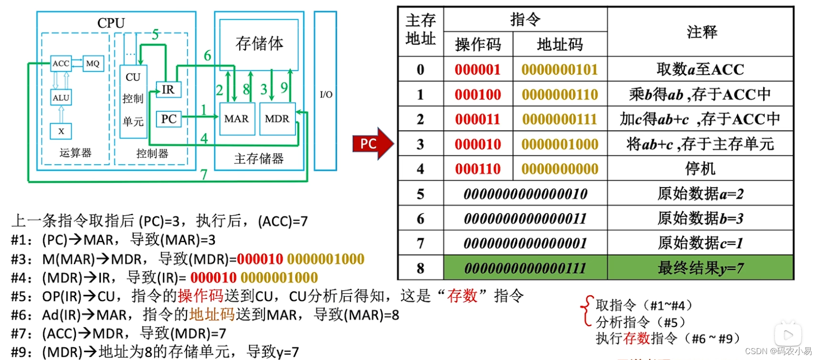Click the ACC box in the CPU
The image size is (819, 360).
61,63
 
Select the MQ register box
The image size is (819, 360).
93,63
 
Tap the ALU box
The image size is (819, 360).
61,97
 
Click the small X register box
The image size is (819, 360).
61,131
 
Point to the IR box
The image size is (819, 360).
168,89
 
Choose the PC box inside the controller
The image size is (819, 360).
168,119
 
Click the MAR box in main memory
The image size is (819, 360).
236,119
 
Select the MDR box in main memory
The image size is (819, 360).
277,119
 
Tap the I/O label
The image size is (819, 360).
326,94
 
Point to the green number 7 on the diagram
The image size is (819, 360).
204,174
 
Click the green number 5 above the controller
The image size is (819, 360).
155,34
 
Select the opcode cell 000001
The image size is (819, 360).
478,70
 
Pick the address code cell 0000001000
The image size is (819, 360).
560,144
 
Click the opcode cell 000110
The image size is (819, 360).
478,169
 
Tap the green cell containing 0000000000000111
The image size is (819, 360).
525,268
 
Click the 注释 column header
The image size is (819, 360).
701,32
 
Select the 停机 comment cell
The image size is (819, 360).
700,169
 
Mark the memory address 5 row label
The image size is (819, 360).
420,194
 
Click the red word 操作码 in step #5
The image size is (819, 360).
200,296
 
